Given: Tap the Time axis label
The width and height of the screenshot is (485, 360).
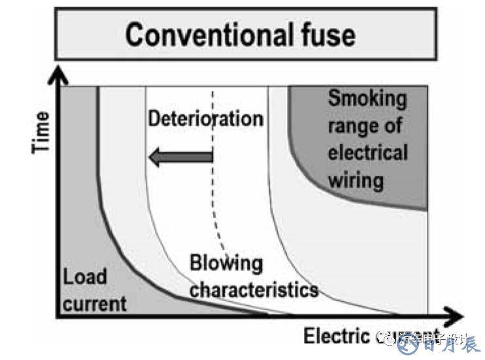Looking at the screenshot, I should (41, 132).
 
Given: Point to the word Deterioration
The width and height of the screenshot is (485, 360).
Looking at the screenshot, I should (205, 119).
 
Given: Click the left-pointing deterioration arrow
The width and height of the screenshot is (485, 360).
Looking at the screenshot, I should (180, 157).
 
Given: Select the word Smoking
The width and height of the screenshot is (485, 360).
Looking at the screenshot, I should (367, 99).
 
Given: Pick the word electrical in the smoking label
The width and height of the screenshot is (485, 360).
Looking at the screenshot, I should (367, 152).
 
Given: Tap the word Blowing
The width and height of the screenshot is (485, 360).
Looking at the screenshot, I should (226, 265).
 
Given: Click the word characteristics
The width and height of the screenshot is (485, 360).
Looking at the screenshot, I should (254, 288).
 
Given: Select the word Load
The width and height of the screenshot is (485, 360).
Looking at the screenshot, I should (84, 277).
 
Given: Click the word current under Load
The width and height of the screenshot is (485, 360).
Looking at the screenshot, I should (94, 303).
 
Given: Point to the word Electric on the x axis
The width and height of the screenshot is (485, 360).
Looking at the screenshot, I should (335, 336).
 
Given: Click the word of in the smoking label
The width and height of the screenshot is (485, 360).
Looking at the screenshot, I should (393, 125).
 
